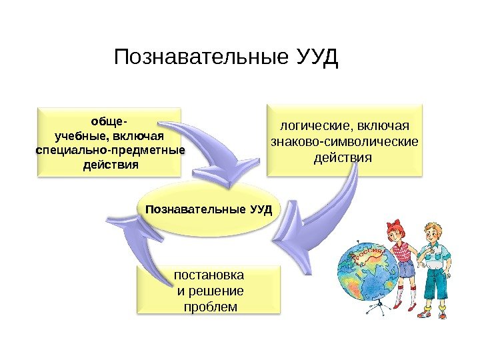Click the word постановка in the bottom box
(209, 275)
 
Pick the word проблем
(209, 307)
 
